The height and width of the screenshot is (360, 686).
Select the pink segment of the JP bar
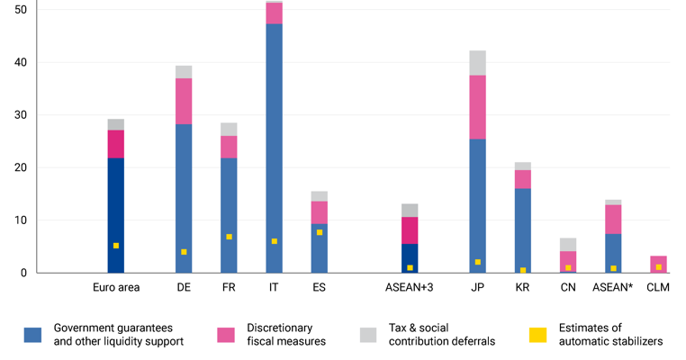click(477, 106)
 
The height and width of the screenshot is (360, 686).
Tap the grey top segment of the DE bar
click(184, 72)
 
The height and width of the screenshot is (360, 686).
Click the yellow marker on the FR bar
click(229, 237)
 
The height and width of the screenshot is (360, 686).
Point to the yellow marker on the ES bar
click(320, 232)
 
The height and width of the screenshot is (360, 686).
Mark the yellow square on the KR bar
click(522, 270)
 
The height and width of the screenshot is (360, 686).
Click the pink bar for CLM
click(658, 261)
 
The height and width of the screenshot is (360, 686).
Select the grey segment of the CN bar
click(567, 245)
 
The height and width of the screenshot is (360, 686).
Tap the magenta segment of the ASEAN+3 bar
click(410, 230)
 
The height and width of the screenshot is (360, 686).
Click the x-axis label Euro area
click(115, 288)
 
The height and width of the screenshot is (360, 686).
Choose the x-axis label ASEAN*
click(613, 288)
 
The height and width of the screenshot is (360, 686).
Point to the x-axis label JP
click(477, 288)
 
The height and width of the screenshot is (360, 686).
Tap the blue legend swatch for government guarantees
click(33, 335)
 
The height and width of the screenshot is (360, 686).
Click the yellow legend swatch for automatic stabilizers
click(537, 335)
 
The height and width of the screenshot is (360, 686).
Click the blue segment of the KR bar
click(522, 225)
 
